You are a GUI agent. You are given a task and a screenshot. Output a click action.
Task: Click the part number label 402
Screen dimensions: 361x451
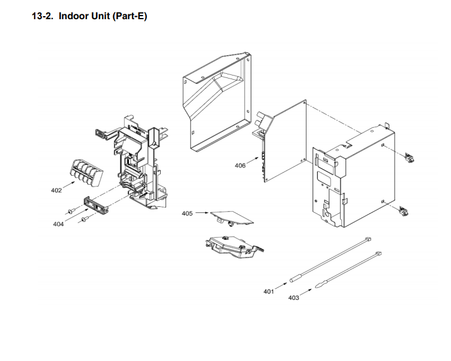[x=56, y=191]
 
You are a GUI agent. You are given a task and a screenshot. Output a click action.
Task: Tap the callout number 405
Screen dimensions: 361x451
[x=187, y=213]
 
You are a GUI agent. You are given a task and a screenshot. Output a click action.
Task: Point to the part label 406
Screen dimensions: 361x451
[x=240, y=166]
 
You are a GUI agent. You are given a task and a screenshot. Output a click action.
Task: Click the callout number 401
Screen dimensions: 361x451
[x=269, y=291]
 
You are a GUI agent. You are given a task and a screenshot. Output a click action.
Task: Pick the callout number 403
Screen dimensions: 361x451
[x=293, y=297]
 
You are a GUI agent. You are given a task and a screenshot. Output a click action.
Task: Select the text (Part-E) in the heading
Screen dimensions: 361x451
[x=127, y=16]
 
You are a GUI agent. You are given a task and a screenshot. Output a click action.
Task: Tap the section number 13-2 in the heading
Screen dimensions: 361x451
[x=43, y=16]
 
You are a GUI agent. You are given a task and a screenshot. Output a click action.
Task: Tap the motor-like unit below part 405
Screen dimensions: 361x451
[x=234, y=246]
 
